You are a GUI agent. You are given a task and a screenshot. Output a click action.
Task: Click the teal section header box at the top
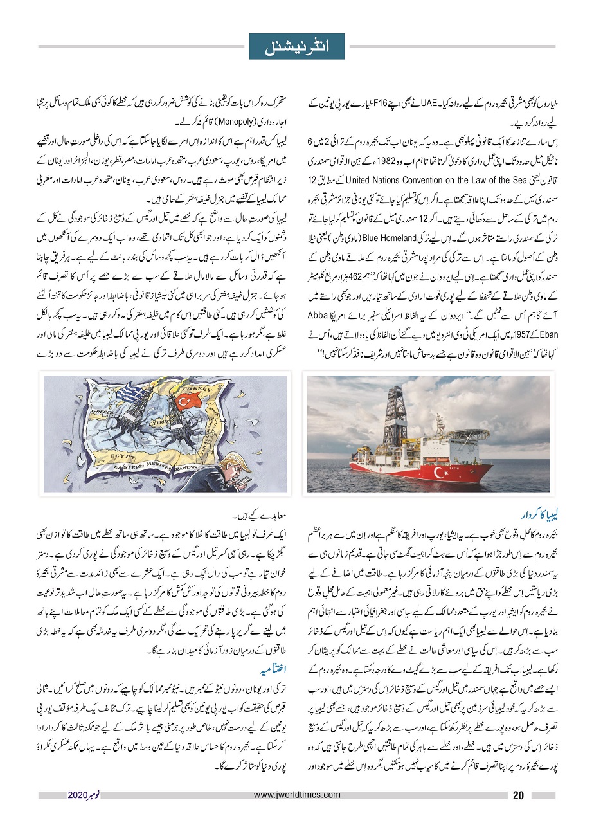297,47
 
